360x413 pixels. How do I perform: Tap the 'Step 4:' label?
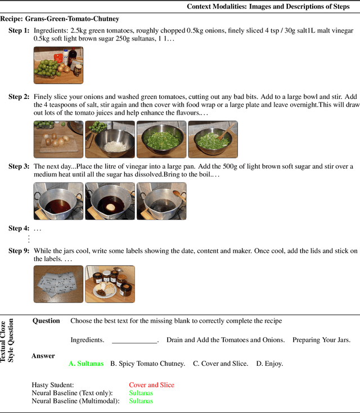19,228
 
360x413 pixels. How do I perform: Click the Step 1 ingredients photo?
58,65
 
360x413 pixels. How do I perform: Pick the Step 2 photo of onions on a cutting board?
58,139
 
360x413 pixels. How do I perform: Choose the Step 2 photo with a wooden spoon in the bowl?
213,139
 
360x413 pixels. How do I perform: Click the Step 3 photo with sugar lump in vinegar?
110,201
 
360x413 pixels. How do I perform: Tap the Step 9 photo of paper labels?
58,284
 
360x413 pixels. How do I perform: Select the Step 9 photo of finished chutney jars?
110,284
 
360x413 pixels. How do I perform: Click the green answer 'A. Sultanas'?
86,364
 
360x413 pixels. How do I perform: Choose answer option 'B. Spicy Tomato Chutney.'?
147,364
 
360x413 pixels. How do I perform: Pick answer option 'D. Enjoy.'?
269,364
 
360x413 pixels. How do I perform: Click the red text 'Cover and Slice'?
151,385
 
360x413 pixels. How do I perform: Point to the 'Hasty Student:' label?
53,385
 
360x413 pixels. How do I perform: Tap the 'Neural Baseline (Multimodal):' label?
75,401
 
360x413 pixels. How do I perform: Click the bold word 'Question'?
46,321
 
